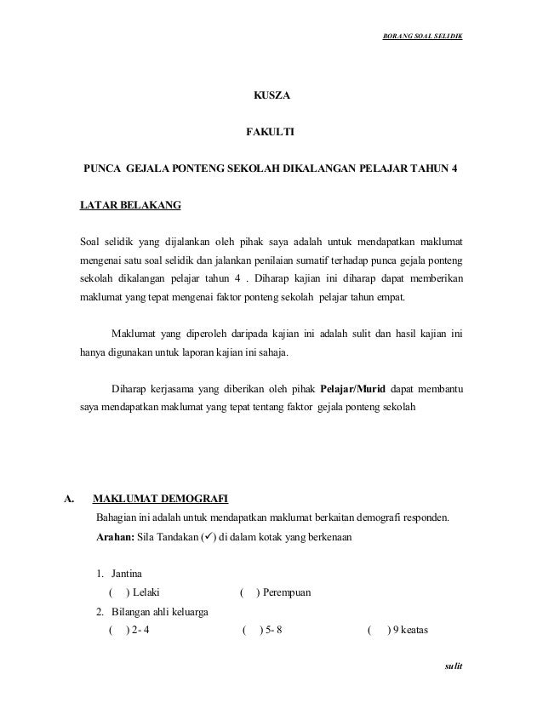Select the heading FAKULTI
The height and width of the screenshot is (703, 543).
click(x=271, y=133)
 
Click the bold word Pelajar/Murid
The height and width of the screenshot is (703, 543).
click(x=353, y=390)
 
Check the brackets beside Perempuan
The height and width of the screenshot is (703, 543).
click(x=251, y=592)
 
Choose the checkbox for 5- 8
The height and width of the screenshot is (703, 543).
click(x=251, y=631)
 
